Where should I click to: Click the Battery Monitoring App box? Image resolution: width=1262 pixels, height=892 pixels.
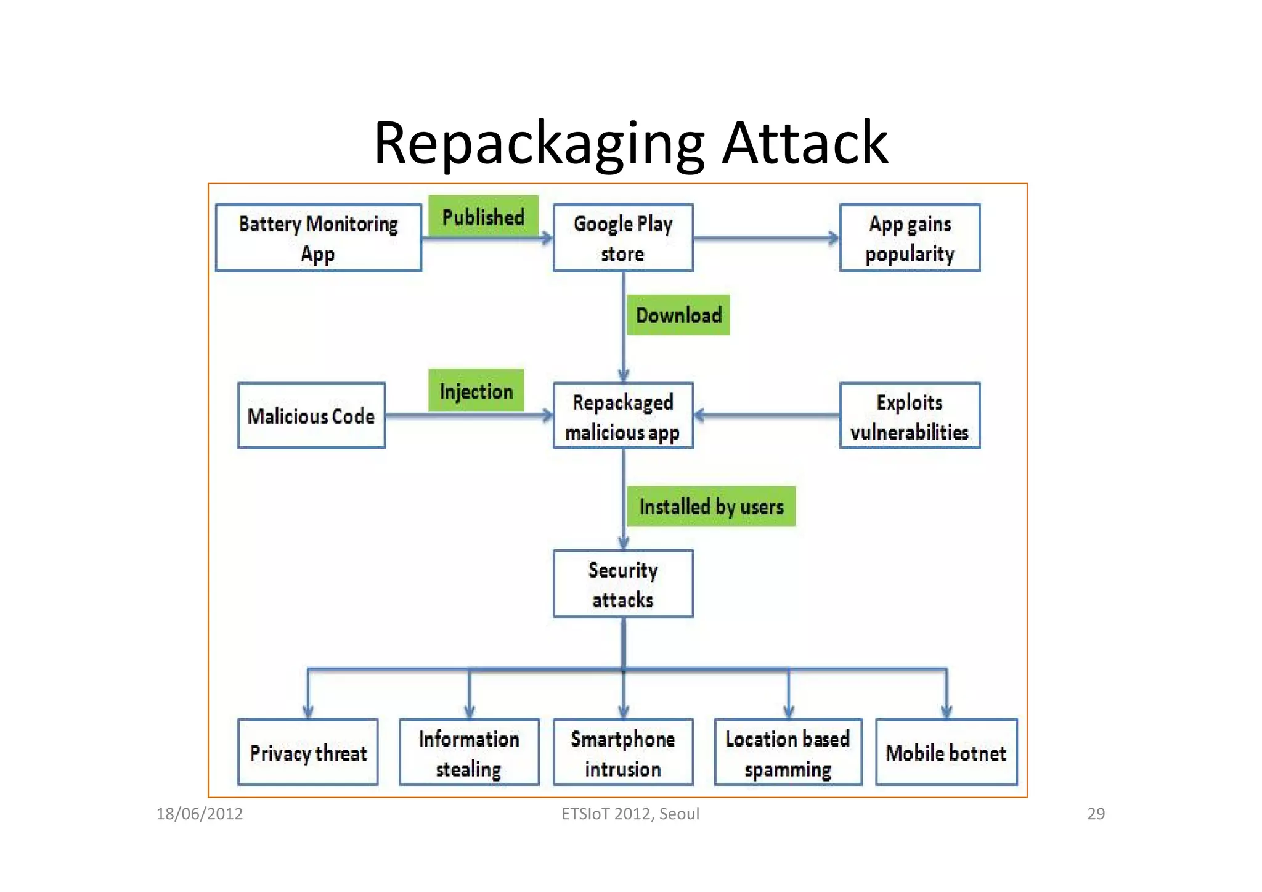[x=318, y=238]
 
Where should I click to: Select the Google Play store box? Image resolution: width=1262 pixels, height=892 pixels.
[x=623, y=238]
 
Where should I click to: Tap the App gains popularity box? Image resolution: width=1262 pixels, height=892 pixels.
[x=910, y=238]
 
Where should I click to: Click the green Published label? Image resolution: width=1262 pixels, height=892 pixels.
[x=483, y=216]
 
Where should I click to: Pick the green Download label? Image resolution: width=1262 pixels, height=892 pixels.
[x=678, y=315]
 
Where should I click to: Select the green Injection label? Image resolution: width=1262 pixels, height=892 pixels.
[x=476, y=390]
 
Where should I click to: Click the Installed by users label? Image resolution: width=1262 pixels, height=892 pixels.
[x=711, y=506]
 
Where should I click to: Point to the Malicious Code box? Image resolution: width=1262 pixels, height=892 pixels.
[x=311, y=415]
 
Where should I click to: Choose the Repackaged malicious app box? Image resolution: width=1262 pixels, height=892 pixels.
[x=623, y=415]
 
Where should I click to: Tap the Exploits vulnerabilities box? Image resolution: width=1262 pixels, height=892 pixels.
[x=910, y=415]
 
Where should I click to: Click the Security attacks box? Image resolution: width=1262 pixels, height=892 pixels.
[x=623, y=584]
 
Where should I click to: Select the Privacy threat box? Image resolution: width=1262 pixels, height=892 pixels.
[x=307, y=752]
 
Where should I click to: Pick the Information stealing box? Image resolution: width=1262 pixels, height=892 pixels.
[x=469, y=752]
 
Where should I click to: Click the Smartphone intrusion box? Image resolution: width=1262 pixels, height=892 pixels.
[x=623, y=752]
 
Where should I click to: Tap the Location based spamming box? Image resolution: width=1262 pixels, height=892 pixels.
[x=788, y=752]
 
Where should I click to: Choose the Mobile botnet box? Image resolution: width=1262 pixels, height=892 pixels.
[x=946, y=752]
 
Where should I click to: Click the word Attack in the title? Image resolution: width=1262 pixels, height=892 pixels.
[x=805, y=143]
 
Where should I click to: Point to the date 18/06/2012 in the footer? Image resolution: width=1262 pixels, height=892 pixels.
[x=200, y=814]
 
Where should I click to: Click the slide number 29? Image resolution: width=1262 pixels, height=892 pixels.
[x=1096, y=814]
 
